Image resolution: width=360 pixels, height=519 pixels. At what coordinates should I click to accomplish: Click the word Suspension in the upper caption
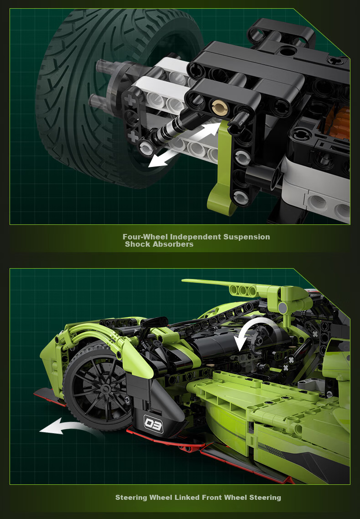point(247,237)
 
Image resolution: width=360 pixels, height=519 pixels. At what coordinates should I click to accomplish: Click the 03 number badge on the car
point(154,424)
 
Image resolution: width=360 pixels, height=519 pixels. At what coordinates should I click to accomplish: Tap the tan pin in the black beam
point(220,108)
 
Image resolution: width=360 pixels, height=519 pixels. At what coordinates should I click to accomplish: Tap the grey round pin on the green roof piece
point(283,308)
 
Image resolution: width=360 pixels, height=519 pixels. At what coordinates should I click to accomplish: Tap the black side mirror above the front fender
point(154,321)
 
